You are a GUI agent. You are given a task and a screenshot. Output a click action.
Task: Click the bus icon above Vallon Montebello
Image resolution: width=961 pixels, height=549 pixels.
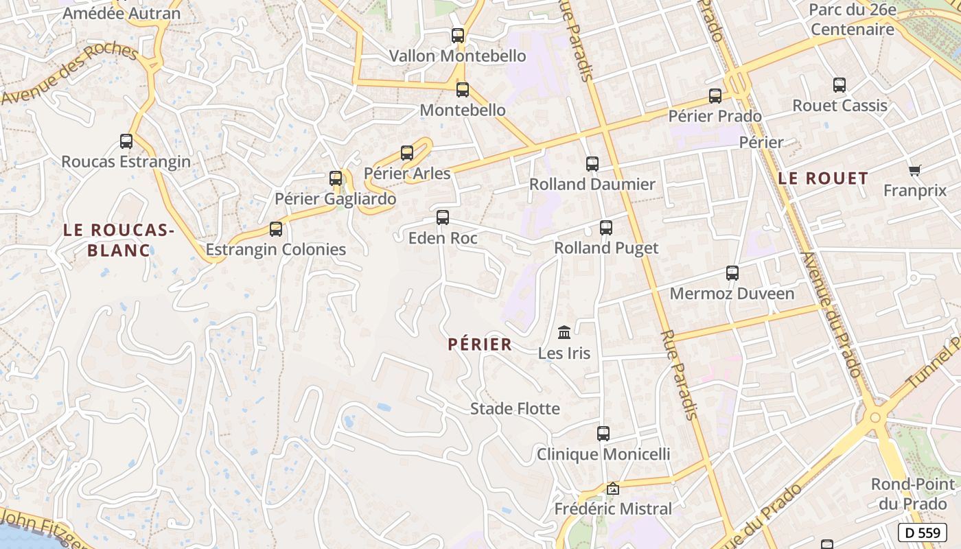tap(458, 35)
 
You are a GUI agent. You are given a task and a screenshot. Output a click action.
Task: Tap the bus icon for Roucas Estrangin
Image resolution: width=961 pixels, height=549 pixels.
tap(126, 141)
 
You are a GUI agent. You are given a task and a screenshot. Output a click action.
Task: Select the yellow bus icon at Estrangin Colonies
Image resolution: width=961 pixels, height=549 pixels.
tap(276, 229)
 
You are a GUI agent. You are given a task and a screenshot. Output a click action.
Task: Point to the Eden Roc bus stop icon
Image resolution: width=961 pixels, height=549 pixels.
tap(443, 218)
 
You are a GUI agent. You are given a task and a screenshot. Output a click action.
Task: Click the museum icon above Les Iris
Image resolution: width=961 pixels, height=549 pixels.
tap(564, 333)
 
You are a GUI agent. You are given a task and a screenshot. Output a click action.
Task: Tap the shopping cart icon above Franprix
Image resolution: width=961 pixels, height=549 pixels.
tap(914, 170)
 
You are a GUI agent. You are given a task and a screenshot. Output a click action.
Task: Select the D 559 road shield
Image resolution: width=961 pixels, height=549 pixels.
tap(922, 533)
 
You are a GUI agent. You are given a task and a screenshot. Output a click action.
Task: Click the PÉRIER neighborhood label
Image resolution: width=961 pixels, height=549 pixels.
tap(480, 344)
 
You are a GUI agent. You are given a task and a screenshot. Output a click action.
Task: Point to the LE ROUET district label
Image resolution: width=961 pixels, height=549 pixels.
tap(823, 178)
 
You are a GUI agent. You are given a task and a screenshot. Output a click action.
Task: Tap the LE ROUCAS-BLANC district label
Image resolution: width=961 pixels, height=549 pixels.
tap(119, 240)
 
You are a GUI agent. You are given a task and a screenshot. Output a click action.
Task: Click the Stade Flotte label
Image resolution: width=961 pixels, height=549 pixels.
tap(515, 409)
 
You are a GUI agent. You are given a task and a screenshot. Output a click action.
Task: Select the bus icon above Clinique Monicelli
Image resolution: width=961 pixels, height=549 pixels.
tap(603, 434)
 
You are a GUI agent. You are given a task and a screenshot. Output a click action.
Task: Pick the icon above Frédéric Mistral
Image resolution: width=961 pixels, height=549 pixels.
tap(613, 489)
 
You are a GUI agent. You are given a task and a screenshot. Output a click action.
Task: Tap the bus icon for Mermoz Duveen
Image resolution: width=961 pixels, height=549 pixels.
tap(732, 273)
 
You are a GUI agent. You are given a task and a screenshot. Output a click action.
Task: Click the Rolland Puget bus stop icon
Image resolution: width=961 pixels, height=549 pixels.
tap(606, 227)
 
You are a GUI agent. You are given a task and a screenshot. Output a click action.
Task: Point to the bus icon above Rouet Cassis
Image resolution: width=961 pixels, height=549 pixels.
tap(840, 85)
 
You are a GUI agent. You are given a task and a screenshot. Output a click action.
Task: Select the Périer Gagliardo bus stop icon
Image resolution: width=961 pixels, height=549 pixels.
tap(336, 178)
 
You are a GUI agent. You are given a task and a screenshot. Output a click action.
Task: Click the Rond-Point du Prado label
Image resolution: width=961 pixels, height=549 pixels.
tap(912, 493)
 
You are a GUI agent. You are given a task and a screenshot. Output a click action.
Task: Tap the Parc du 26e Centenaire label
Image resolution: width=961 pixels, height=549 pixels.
tap(853, 20)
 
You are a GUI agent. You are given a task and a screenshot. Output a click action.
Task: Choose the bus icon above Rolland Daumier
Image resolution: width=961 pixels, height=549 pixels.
tap(592, 164)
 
